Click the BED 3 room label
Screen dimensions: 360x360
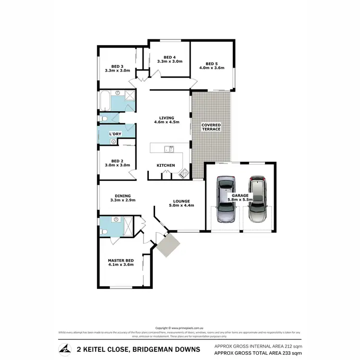[x=118, y=66]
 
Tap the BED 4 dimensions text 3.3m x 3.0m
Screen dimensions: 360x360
[x=170, y=61]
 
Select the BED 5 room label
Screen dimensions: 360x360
[x=212, y=64]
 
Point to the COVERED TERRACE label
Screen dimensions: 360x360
[x=211, y=127]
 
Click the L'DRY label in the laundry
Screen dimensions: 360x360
[x=115, y=133]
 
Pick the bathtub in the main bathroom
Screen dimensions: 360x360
[x=104, y=101]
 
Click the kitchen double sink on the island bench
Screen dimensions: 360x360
[x=168, y=149]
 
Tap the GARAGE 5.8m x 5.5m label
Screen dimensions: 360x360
[x=240, y=198]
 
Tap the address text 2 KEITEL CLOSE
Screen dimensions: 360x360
[x=97, y=348]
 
